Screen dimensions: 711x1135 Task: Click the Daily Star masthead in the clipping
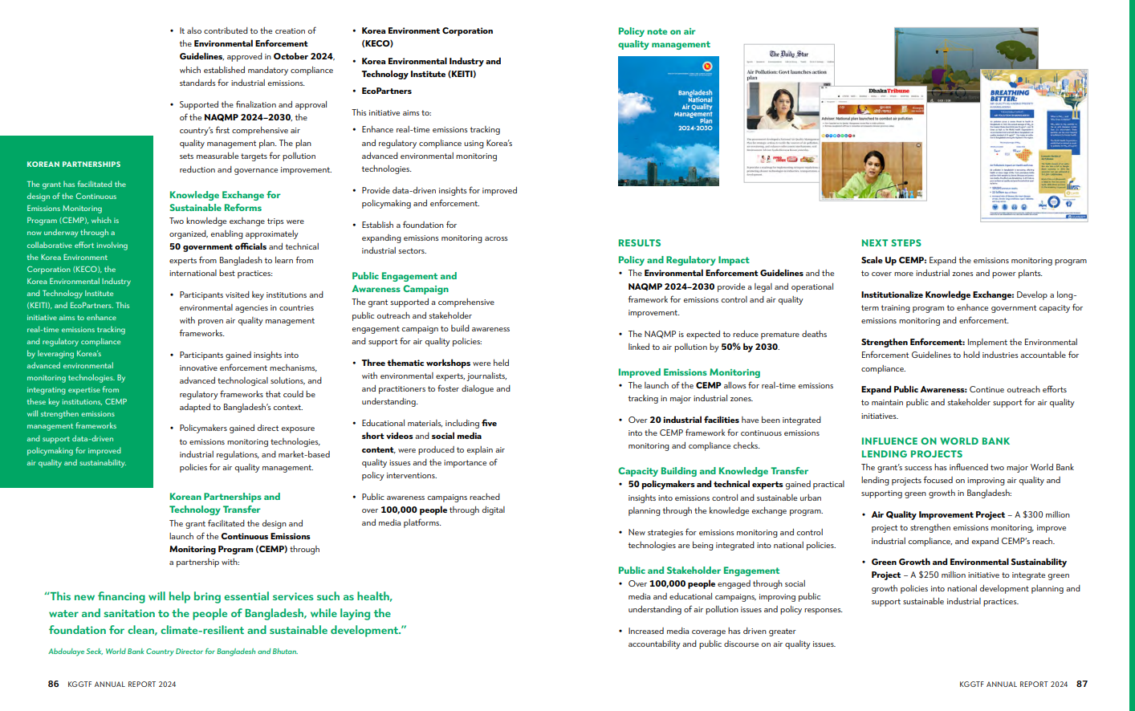[x=789, y=55]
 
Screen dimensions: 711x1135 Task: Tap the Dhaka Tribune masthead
[x=889, y=91]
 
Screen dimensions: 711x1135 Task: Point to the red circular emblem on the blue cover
[x=706, y=67]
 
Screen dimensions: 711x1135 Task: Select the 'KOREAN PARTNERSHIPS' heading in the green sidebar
[x=74, y=165]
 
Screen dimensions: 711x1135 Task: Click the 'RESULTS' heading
[x=640, y=243]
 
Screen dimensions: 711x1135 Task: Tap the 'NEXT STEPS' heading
[x=891, y=243]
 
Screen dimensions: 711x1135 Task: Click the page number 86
[x=53, y=685]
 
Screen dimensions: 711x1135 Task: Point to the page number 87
[x=1082, y=685]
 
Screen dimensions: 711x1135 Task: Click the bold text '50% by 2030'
[x=749, y=347]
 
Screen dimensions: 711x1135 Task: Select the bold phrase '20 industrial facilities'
[x=694, y=421]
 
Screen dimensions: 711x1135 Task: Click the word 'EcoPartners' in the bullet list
[x=386, y=91]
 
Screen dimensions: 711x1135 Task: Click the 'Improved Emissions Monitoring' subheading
[x=689, y=372]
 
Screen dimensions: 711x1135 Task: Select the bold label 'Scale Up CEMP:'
[x=893, y=261]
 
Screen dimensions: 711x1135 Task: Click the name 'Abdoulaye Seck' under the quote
[x=75, y=652]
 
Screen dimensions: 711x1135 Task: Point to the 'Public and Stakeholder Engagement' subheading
[x=698, y=571]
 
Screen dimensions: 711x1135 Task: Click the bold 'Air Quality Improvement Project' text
[x=938, y=515]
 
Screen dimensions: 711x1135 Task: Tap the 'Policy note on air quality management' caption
[x=664, y=38]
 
